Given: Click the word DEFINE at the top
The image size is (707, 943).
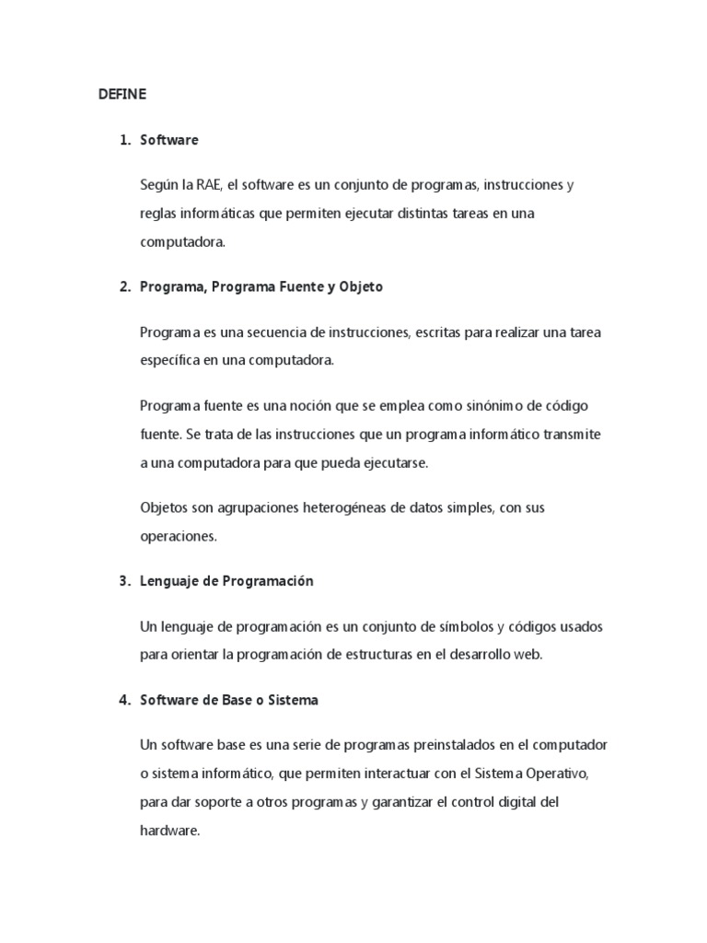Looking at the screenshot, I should pyautogui.click(x=122, y=94).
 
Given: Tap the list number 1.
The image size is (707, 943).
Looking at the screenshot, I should pyautogui.click(x=124, y=141).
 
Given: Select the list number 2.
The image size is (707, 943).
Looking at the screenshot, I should pyautogui.click(x=124, y=287).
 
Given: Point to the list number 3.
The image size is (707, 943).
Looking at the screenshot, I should pyautogui.click(x=124, y=581).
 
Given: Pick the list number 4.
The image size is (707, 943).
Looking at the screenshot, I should pyautogui.click(x=124, y=700).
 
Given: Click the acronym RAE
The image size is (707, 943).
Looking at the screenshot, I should pyautogui.click(x=208, y=186).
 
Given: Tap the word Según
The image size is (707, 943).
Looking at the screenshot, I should pyautogui.click(x=160, y=186).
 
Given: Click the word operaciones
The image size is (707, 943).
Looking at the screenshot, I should pyautogui.click(x=178, y=534).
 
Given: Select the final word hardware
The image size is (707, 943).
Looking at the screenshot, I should pyautogui.click(x=168, y=830).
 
